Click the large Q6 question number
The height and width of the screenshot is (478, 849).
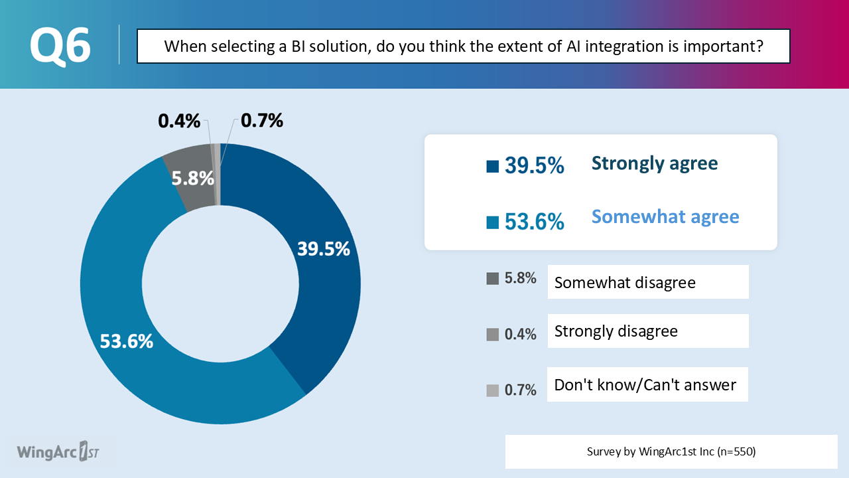[60, 46]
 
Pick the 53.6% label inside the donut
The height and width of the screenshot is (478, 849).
[127, 341]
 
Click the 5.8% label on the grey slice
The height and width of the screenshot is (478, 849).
[192, 179]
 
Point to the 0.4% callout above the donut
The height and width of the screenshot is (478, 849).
[179, 121]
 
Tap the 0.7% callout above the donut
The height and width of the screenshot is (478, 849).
[262, 121]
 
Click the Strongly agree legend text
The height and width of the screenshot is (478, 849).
[655, 163]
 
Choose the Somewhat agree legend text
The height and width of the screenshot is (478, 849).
[665, 217]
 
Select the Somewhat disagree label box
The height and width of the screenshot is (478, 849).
[648, 282]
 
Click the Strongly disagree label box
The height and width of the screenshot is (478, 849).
[648, 331]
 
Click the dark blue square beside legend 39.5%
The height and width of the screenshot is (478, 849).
[492, 167]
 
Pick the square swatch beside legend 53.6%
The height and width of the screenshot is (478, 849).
[492, 222]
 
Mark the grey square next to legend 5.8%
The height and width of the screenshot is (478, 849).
[492, 278]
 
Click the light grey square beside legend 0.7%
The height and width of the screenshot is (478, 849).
[492, 391]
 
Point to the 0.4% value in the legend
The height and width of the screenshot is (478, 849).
[521, 334]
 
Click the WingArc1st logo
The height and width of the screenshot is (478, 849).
[58, 451]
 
